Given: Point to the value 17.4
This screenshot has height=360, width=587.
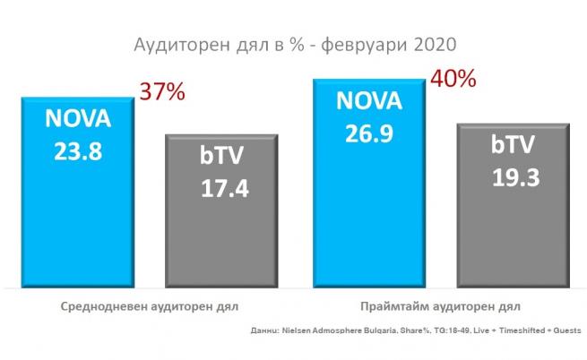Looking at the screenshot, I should coord(219,189).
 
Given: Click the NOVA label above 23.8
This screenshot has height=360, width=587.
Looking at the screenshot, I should coord(79,118).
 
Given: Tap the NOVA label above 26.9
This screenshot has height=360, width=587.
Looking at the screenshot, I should coord(368,100).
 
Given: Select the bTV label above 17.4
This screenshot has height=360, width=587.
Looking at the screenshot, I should coord(220,158).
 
